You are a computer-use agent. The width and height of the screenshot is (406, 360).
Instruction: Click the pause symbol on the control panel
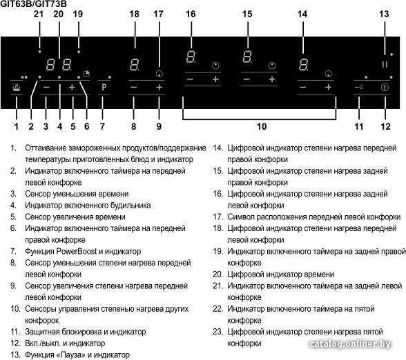385,64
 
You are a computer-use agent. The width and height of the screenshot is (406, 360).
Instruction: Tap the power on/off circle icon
385,88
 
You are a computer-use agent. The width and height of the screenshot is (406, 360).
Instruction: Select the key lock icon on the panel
359,88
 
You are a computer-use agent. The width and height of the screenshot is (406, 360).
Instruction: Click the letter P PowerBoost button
104,87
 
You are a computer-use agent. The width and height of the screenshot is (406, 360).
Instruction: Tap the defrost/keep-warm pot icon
17,88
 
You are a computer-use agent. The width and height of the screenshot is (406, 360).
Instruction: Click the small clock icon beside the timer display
86,74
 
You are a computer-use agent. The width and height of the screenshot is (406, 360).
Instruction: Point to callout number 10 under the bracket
262,126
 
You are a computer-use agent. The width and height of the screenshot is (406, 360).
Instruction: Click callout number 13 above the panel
384,14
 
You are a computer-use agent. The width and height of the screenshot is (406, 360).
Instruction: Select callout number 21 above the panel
39,14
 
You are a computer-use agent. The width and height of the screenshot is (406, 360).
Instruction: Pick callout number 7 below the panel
102,126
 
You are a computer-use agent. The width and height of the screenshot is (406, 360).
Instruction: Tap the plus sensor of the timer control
72,88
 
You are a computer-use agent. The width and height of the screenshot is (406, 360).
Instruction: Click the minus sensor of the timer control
47,88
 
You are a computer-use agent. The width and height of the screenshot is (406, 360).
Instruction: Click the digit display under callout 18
135,65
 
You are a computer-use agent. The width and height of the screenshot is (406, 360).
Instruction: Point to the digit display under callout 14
303,65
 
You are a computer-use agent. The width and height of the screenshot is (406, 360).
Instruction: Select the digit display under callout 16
191,57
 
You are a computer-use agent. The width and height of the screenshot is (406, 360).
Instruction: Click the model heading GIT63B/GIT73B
33,3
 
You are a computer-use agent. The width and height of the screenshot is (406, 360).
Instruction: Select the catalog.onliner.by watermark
350,344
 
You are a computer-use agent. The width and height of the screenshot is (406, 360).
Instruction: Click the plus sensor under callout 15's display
272,79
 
